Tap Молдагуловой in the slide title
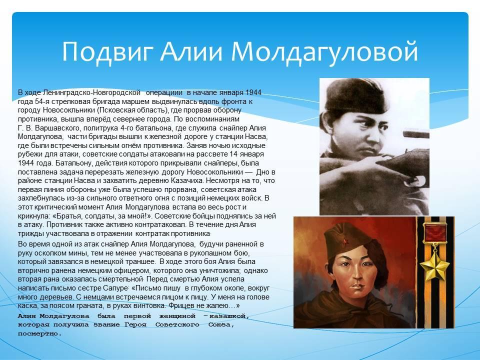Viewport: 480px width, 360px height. pyautogui.click(x=324, y=51)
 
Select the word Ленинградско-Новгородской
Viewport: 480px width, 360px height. pyautogui.click(x=92, y=92)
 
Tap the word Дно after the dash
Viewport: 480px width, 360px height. pyautogui.click(x=263, y=171)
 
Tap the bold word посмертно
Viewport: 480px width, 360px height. pyautogui.click(x=40, y=333)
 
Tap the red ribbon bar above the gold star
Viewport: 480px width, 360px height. pyautogui.click(x=434, y=233)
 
